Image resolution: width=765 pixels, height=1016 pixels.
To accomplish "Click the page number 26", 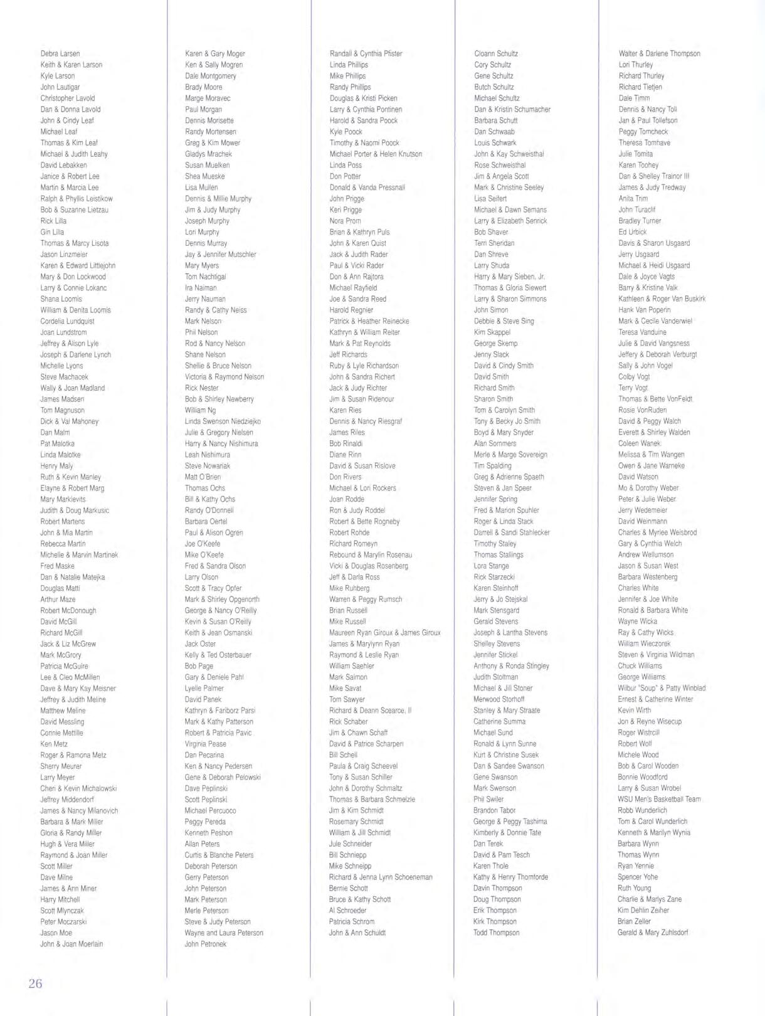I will tap(35, 983).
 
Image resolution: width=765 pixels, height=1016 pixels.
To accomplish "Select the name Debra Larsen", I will tap(60, 54).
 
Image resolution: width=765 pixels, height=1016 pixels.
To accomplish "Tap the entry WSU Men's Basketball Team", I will tap(659, 800).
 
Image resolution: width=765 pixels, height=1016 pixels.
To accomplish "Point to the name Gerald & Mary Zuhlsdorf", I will tap(653, 933).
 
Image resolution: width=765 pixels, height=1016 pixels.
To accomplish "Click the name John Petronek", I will tap(206, 944).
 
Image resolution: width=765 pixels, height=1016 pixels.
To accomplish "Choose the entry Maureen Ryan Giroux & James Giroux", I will tap(385, 633).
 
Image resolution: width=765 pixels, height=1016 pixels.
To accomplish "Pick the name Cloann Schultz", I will tap(496, 54).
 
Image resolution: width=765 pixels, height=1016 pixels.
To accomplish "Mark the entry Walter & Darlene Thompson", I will tap(659, 54).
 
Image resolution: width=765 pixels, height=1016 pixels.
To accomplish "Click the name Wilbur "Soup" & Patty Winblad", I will tap(662, 688).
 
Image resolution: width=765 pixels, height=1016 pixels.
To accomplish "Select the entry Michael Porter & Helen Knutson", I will tap(376, 154).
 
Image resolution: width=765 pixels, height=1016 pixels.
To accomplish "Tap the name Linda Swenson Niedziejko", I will tap(223, 421).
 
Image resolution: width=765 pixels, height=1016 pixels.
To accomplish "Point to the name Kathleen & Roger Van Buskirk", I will tap(662, 299).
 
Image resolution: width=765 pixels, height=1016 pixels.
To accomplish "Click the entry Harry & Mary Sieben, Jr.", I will tap(509, 277).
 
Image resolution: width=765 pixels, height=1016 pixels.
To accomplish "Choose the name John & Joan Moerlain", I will tap(71, 944).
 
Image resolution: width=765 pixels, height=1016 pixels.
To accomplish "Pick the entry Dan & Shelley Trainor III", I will tap(653, 176).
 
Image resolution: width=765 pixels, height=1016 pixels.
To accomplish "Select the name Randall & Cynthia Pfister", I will tap(366, 54).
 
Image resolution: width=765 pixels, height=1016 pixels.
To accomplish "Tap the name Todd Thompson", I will tap(496, 933).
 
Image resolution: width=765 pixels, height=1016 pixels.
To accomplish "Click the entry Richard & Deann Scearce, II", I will tap(370, 711).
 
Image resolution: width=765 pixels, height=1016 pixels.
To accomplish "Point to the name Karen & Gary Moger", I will tap(215, 54).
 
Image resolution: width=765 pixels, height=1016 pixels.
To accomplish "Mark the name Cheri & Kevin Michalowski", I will tap(78, 788).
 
